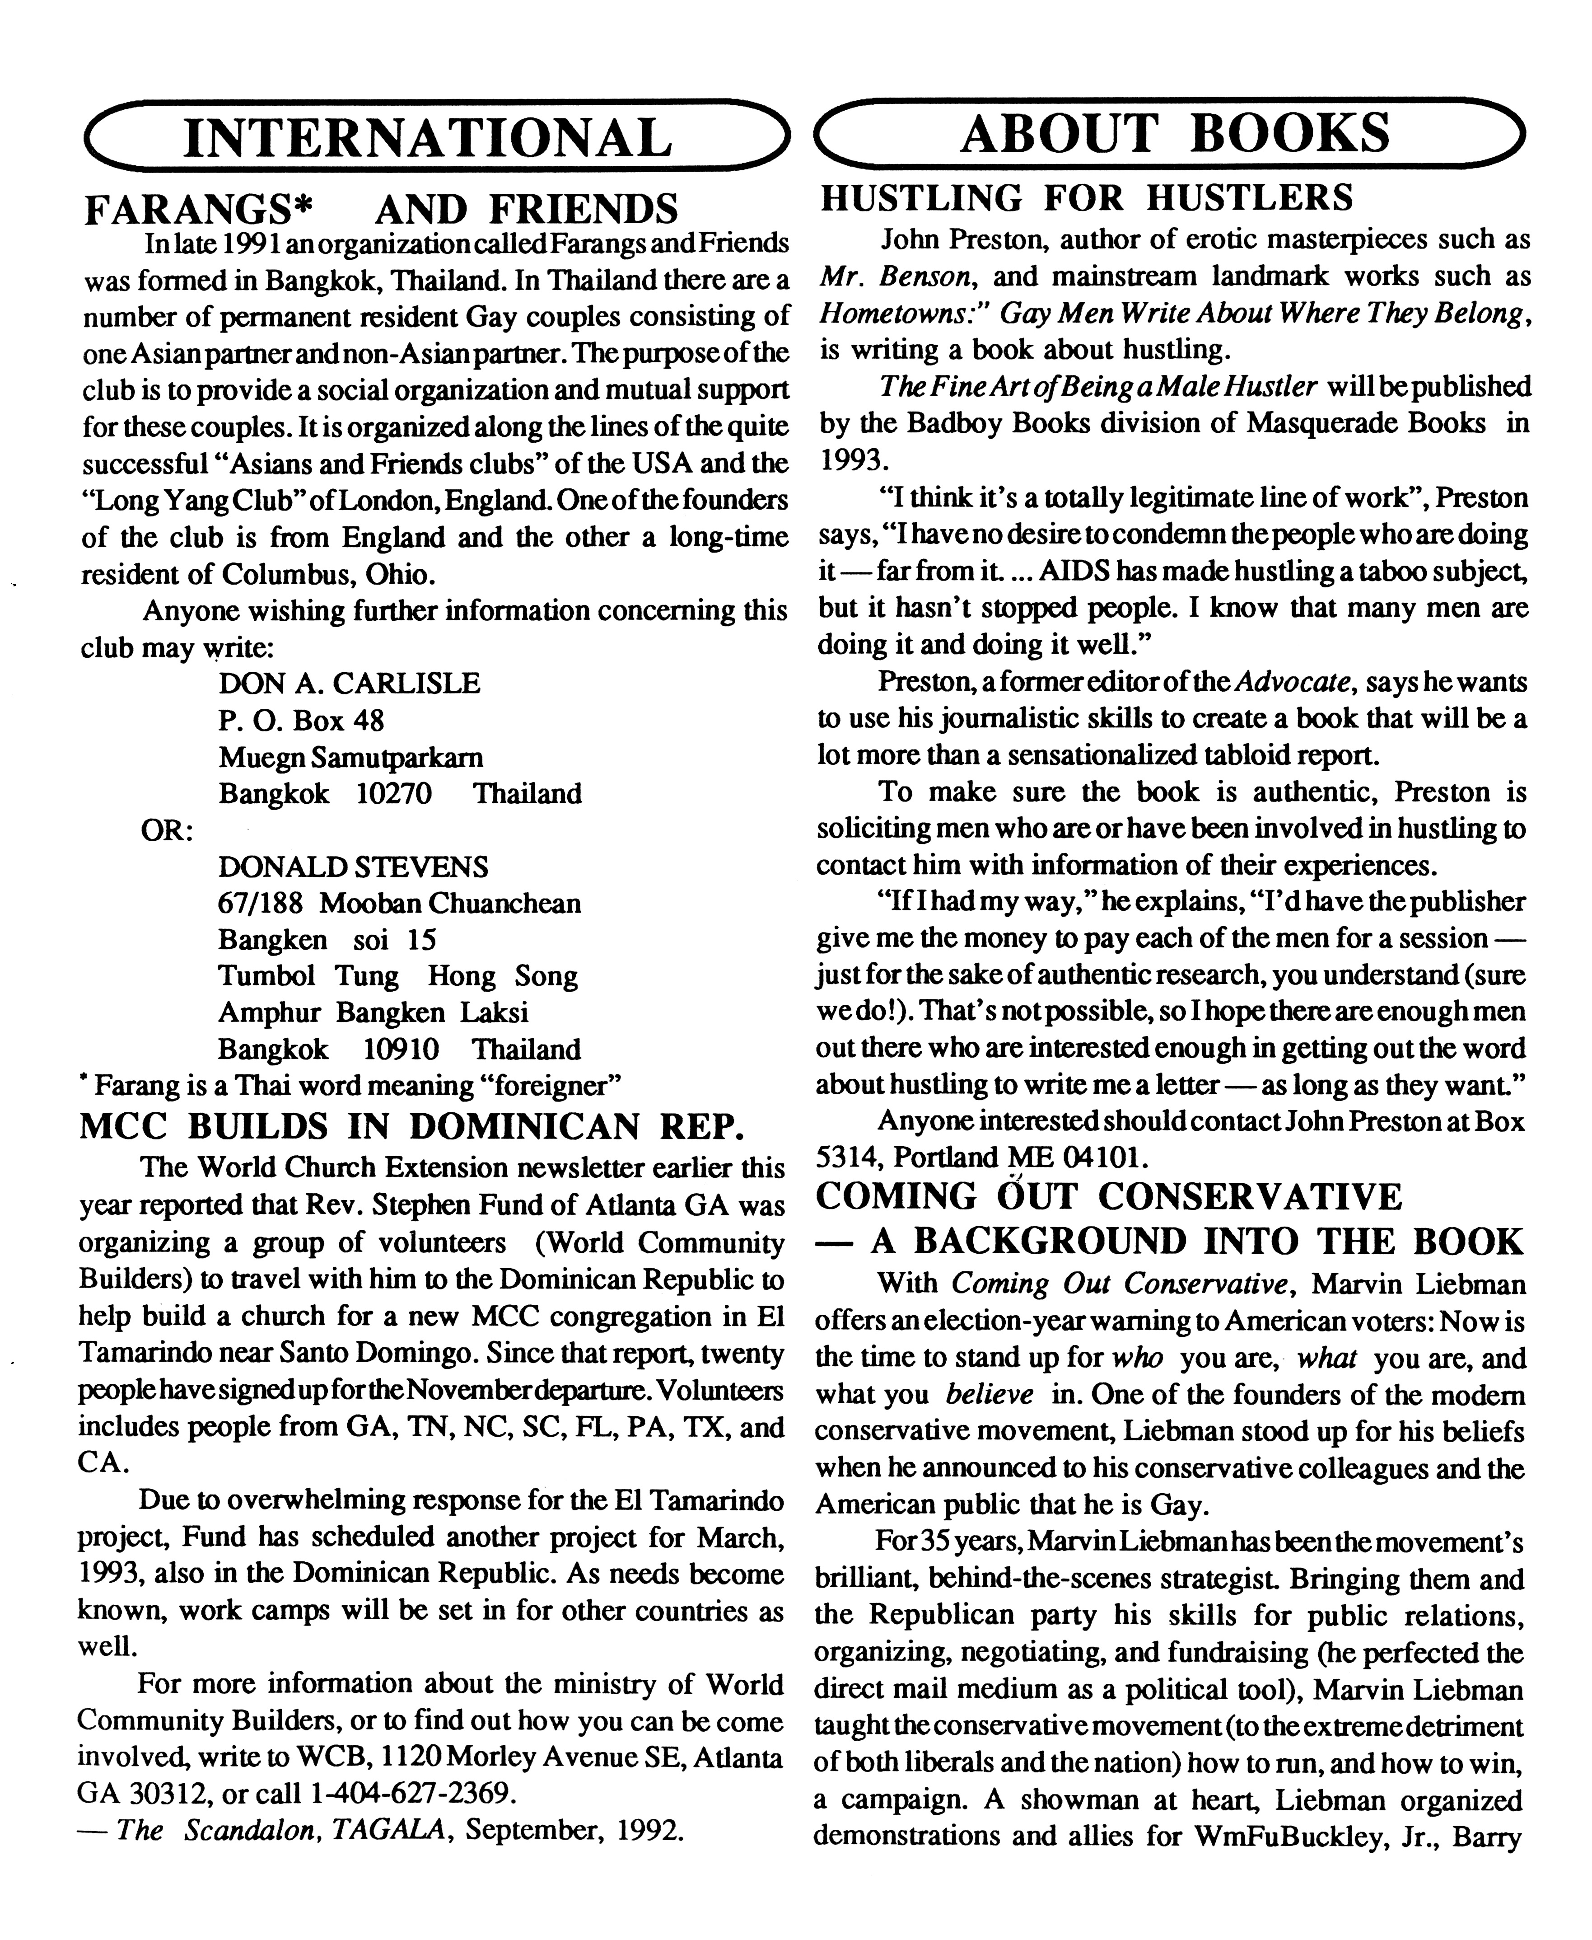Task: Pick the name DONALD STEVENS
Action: pos(353,867)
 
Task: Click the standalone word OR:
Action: pos(166,830)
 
